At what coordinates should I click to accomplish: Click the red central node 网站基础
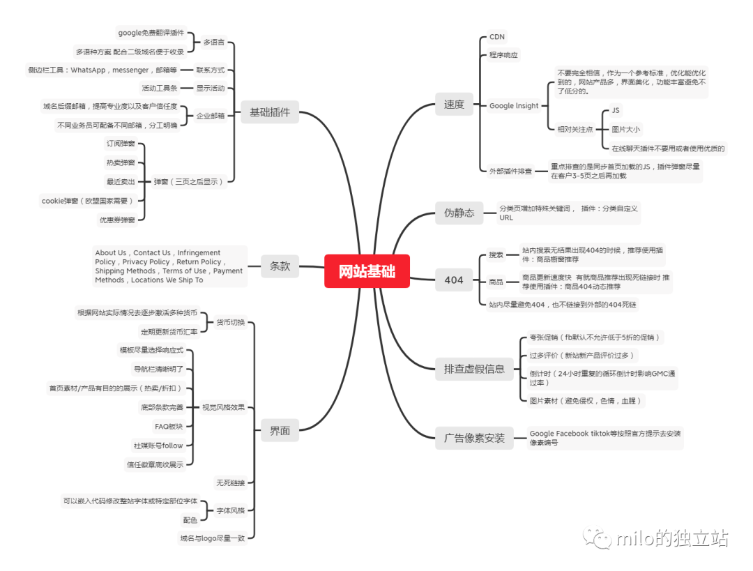click(x=367, y=271)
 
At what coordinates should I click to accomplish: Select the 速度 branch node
click(x=454, y=104)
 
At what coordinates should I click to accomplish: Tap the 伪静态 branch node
click(x=459, y=213)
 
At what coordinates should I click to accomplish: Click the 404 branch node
click(x=454, y=280)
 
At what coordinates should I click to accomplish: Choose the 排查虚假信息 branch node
click(x=474, y=369)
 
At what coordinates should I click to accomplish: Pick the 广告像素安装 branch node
click(x=474, y=439)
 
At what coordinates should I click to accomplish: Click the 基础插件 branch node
click(x=270, y=112)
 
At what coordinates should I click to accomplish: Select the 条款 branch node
click(x=280, y=266)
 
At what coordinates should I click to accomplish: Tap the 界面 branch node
click(x=280, y=431)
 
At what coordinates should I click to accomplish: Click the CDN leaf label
click(x=497, y=37)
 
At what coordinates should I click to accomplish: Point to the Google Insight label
click(x=514, y=106)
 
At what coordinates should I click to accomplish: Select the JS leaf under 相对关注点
click(x=616, y=111)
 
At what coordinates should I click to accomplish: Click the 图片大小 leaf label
click(x=625, y=129)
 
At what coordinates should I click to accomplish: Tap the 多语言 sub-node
click(x=213, y=42)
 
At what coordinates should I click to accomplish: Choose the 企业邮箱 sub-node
click(x=211, y=116)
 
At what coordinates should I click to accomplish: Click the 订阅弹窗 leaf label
click(x=121, y=144)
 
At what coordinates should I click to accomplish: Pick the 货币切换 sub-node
click(x=230, y=322)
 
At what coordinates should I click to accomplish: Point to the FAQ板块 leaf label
click(x=169, y=426)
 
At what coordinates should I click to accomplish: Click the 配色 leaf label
click(x=190, y=519)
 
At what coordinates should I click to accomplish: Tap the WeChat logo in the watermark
click(x=598, y=538)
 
